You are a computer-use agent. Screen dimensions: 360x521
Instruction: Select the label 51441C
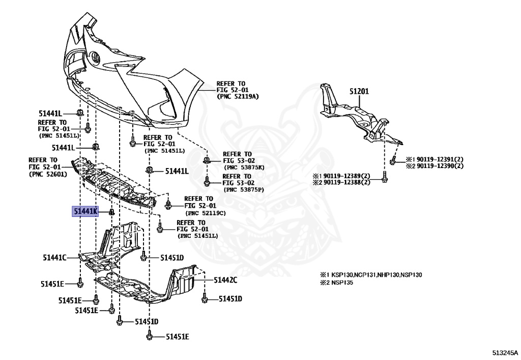pos(54,258)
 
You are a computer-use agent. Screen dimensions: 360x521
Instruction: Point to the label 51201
pos(359,92)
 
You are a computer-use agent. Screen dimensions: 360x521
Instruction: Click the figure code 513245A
pos(504,352)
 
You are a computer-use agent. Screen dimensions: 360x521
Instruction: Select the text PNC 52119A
pos(238,96)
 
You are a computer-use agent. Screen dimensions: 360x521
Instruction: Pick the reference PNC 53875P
pos(243,190)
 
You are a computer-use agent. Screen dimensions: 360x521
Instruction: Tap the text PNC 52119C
pos(206,212)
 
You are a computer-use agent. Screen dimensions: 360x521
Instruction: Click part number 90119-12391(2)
pos(435,159)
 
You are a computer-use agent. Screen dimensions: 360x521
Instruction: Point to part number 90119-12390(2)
pos(435,166)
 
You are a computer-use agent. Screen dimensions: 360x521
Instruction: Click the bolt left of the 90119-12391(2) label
pos(393,161)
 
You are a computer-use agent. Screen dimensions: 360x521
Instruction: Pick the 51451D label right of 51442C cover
pos(230,298)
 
